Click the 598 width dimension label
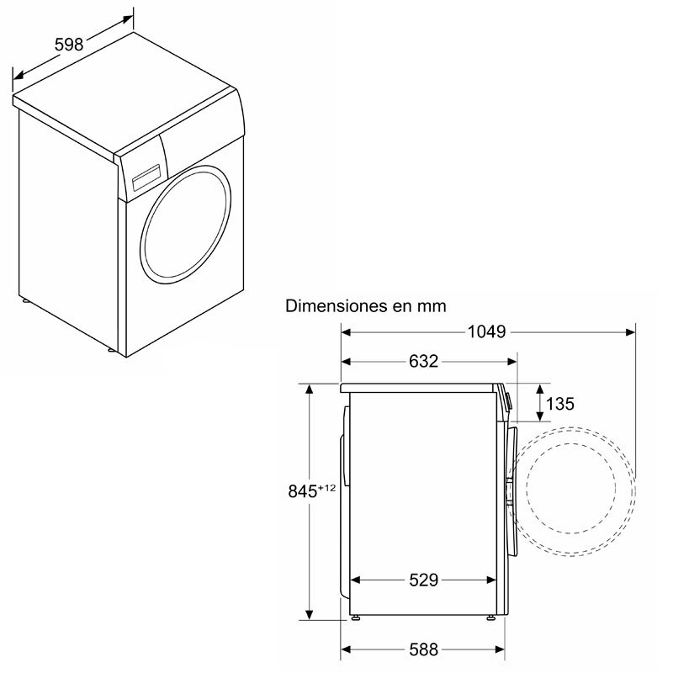pyautogui.click(x=69, y=45)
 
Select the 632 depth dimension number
pyautogui.click(x=423, y=362)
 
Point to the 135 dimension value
pyautogui.click(x=559, y=404)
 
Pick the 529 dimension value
pyautogui.click(x=424, y=580)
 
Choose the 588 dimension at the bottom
pyautogui.click(x=423, y=649)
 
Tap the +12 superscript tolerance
pyautogui.click(x=329, y=487)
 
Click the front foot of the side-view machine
pyautogui.click(x=490, y=620)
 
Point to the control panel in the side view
pyautogui.click(x=507, y=400)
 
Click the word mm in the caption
pyautogui.click(x=431, y=305)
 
